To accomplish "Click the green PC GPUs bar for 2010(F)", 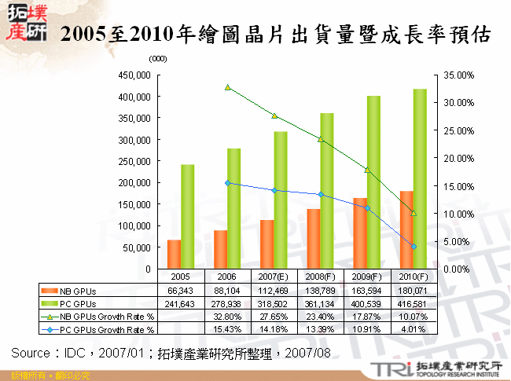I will coord(420,179).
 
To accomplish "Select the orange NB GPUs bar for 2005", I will coord(174,255).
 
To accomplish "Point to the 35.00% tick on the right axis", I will coord(455,75).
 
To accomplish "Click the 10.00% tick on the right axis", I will coord(455,214).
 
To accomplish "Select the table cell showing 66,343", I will coord(181,290).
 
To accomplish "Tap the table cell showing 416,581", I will coord(412,303).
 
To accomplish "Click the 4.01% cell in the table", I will coord(412,329).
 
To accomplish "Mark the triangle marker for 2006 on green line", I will coord(227,87).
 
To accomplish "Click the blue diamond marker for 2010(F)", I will coord(414,247).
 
